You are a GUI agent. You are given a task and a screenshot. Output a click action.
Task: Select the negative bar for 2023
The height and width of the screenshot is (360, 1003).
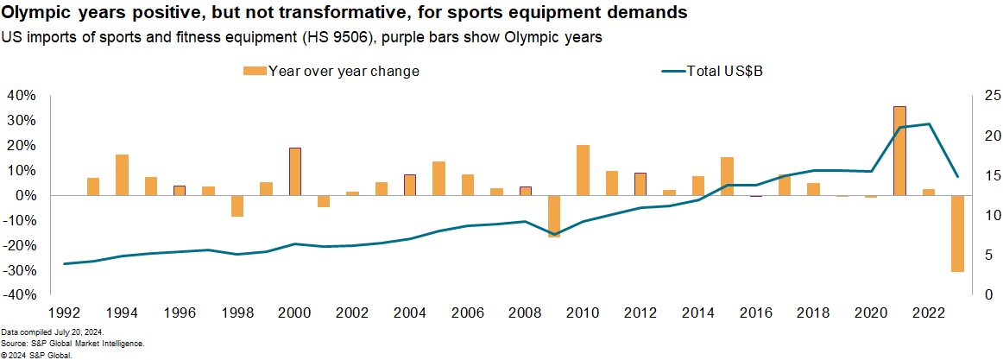[957, 234]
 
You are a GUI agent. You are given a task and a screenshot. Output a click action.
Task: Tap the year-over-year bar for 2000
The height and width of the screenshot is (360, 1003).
[295, 172]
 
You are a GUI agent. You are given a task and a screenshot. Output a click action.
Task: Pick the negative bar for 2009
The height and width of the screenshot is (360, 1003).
[554, 216]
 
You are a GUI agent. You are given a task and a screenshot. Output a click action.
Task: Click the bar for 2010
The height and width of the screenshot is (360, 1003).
[584, 170]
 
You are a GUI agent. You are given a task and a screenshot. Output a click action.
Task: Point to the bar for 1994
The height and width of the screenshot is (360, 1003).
[123, 175]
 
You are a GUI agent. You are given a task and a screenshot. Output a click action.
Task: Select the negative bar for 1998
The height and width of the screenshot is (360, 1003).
[237, 205]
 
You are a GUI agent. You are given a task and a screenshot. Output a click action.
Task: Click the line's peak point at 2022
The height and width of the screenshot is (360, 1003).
[929, 124]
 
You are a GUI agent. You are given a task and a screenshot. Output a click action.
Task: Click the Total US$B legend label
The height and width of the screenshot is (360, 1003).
[724, 72]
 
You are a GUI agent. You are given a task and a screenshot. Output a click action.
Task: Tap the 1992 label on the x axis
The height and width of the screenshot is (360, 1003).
[65, 312]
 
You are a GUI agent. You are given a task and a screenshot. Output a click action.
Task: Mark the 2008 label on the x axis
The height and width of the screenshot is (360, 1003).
[526, 312]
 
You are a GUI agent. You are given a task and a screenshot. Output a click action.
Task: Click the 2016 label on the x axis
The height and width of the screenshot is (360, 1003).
[756, 312]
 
